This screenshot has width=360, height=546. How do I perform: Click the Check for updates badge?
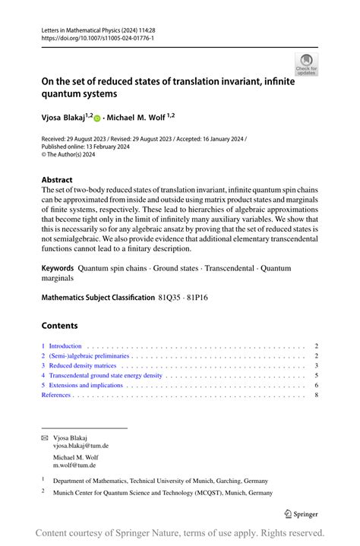tap(306, 65)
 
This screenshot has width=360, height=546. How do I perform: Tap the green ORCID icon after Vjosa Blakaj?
tap(97, 118)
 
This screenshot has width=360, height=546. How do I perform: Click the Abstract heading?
tap(57, 180)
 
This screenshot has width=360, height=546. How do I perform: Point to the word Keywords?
tap(58, 268)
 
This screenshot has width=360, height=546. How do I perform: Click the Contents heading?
tap(59, 326)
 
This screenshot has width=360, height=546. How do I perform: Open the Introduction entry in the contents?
tap(65, 346)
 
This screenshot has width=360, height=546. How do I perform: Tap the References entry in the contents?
tap(56, 395)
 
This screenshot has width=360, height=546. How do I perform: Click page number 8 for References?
tap(315, 395)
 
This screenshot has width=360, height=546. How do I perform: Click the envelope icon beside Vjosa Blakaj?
tap(44, 438)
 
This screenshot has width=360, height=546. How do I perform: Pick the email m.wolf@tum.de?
tap(74, 465)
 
